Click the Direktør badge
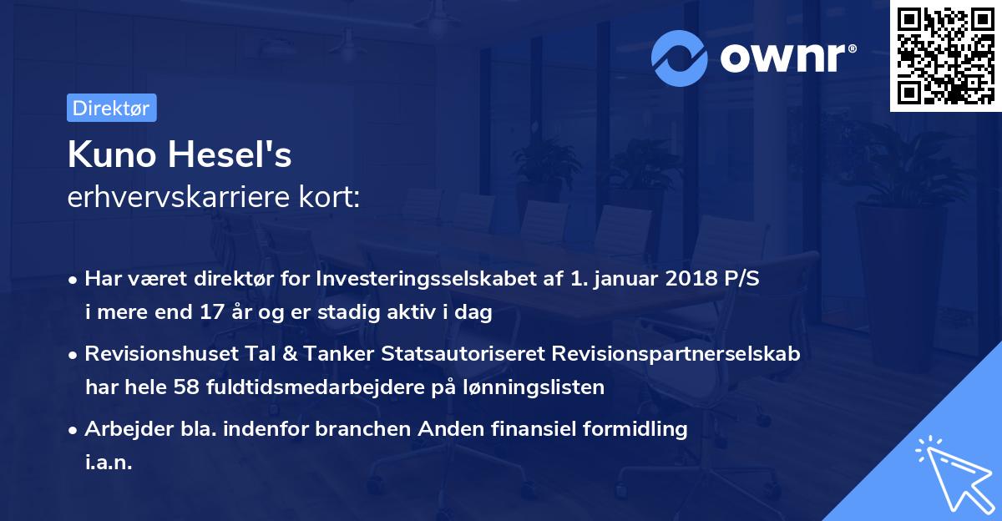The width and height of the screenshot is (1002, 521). [111, 108]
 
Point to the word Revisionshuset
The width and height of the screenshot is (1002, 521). [155, 353]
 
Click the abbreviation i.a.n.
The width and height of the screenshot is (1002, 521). [109, 463]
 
